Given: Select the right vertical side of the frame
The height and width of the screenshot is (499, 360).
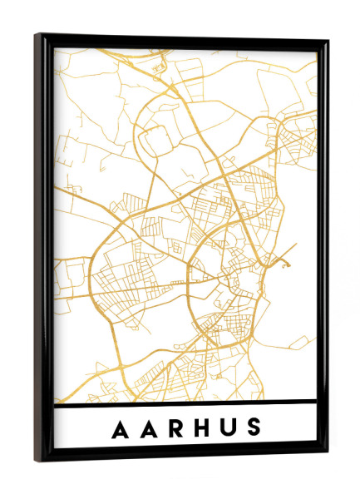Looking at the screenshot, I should tap(322, 249).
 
